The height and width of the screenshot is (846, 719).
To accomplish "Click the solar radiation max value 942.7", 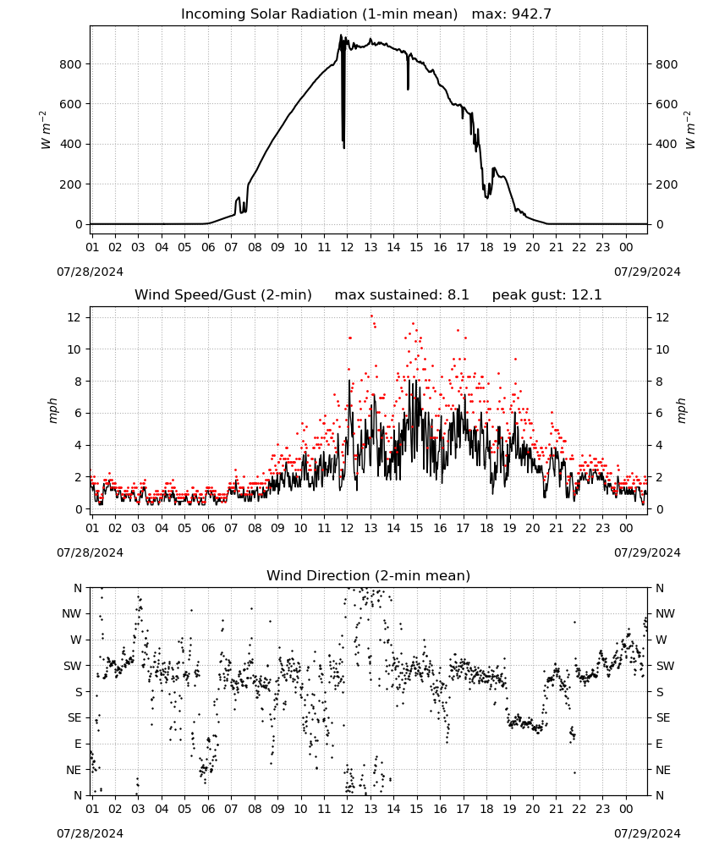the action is point(530,14).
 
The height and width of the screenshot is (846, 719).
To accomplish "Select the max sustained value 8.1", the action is point(458,294).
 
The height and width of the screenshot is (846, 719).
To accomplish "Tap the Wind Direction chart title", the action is point(369,575).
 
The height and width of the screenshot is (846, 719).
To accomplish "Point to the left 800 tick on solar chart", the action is point(71,64).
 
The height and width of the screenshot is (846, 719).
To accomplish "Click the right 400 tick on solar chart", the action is point(667,144).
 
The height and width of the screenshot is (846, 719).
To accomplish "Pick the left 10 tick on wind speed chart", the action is point(74,349).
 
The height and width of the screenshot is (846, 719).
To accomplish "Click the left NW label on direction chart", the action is point(72,613).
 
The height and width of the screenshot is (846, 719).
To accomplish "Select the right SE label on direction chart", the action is point(663,717).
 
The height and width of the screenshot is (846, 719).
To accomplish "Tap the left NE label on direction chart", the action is point(74,770).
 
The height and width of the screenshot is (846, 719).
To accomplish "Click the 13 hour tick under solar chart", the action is point(370,247).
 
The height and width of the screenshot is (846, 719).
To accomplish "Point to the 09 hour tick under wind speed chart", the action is point(277,528).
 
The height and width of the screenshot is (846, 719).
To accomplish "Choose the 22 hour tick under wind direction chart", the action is point(579,809).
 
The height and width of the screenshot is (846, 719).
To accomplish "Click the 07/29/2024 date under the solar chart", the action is point(647,272).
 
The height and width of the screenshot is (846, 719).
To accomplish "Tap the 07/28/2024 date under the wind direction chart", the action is point(90,833).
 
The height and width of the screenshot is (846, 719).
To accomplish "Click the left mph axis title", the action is point(52,410).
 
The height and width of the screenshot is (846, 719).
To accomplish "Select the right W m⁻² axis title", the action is point(690,130).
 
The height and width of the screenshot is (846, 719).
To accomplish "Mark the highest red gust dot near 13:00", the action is point(371,316).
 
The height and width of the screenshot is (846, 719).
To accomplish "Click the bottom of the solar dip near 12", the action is point(343,147).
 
